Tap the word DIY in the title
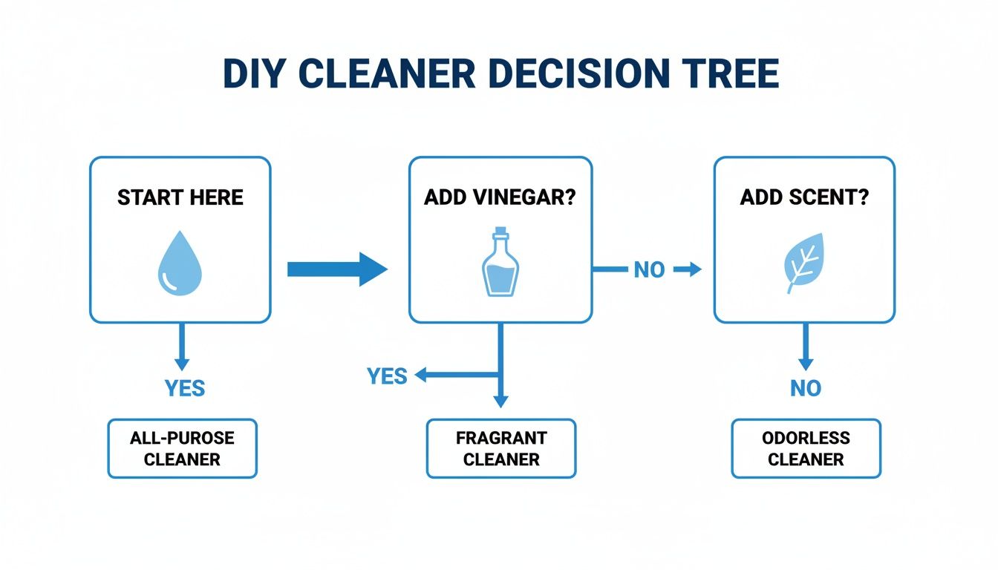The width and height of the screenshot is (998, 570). click(252, 73)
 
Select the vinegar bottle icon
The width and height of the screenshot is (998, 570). click(500, 263)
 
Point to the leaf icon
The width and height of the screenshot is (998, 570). click(804, 263)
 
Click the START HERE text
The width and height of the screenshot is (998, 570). click(180, 197)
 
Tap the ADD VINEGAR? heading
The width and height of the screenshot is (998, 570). click(500, 197)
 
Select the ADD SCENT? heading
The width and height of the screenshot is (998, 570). click(804, 197)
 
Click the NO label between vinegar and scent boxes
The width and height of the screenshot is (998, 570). click(649, 270)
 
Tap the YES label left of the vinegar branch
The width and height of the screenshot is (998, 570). click(387, 376)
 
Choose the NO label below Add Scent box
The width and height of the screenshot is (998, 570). click(806, 387)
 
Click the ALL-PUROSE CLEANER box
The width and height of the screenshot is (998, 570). click(182, 448)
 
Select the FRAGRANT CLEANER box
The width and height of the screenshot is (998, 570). click(500, 448)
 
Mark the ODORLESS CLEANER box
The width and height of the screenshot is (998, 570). click(806, 448)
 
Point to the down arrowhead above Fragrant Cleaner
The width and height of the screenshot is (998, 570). click(500, 399)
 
